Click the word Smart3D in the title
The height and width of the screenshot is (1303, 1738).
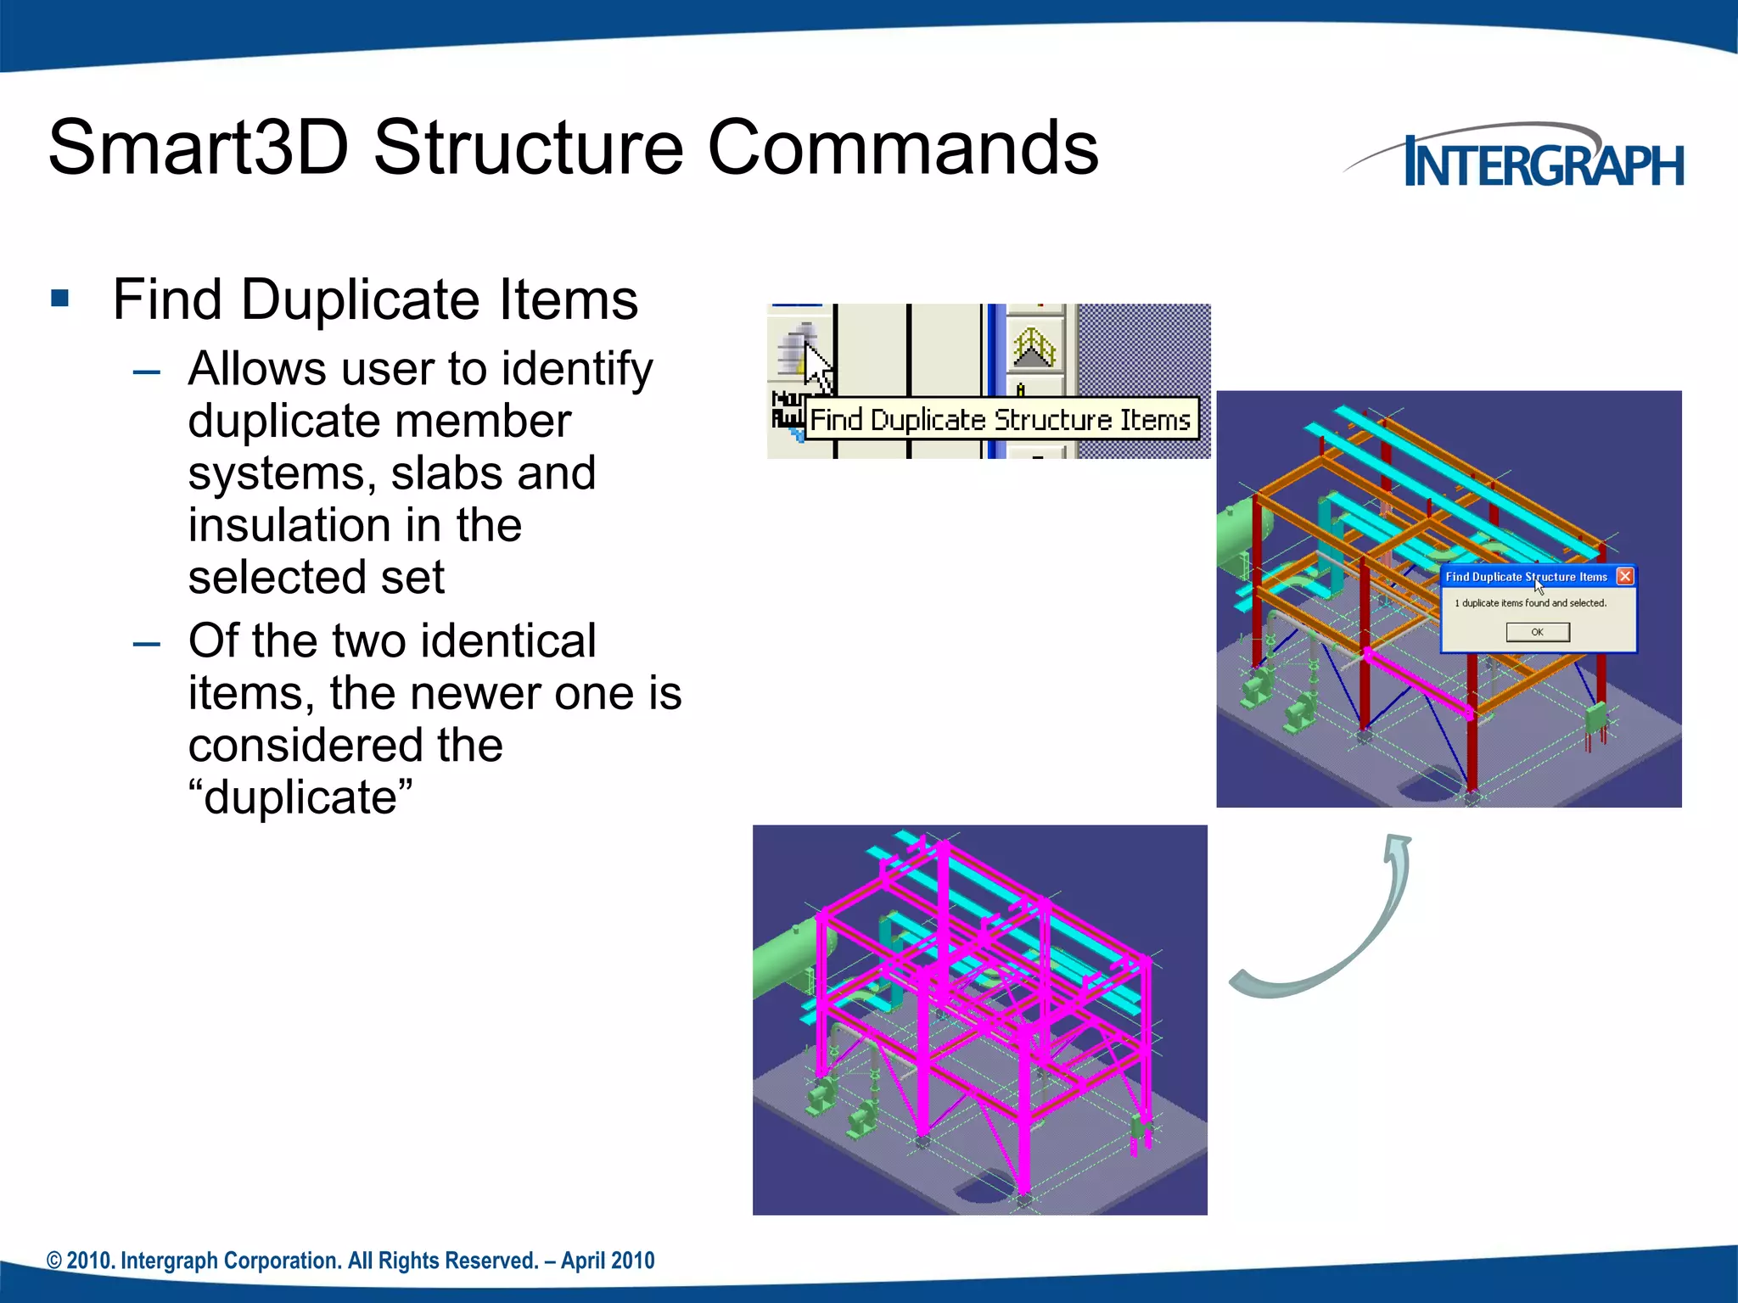point(199,148)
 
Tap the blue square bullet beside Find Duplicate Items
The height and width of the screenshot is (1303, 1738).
point(59,298)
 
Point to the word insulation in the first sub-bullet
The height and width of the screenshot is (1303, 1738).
point(289,525)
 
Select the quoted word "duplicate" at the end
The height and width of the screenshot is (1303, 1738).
point(300,797)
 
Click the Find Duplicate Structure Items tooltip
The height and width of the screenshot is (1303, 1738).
point(1001,420)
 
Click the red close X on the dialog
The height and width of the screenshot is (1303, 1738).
point(1624,577)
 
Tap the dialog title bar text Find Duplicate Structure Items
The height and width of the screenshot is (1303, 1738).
point(1526,577)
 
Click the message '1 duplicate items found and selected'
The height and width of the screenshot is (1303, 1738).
point(1530,603)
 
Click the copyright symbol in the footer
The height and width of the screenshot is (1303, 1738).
point(54,1261)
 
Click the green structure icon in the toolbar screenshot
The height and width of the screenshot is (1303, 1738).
point(1034,348)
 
